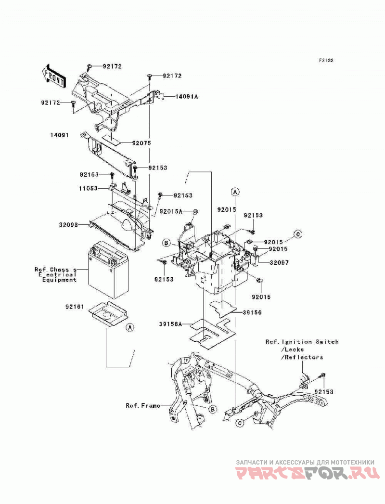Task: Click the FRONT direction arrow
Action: (x=53, y=77)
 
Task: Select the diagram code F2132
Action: (x=326, y=60)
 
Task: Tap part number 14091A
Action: (x=186, y=96)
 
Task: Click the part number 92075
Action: (x=141, y=143)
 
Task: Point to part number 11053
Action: (x=88, y=189)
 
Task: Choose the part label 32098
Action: (x=68, y=225)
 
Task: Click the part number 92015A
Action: (x=171, y=211)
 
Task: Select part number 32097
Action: (x=279, y=263)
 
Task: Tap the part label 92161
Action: (x=74, y=307)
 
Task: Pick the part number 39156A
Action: (x=171, y=324)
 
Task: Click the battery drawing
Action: (x=108, y=270)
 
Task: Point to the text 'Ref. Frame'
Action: (x=142, y=406)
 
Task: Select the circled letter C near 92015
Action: (x=298, y=234)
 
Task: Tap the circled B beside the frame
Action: (x=212, y=409)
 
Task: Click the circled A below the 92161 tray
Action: (x=130, y=327)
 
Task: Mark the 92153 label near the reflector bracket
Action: (x=324, y=392)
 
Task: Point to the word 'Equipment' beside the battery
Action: (x=60, y=280)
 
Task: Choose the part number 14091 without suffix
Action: (x=59, y=135)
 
